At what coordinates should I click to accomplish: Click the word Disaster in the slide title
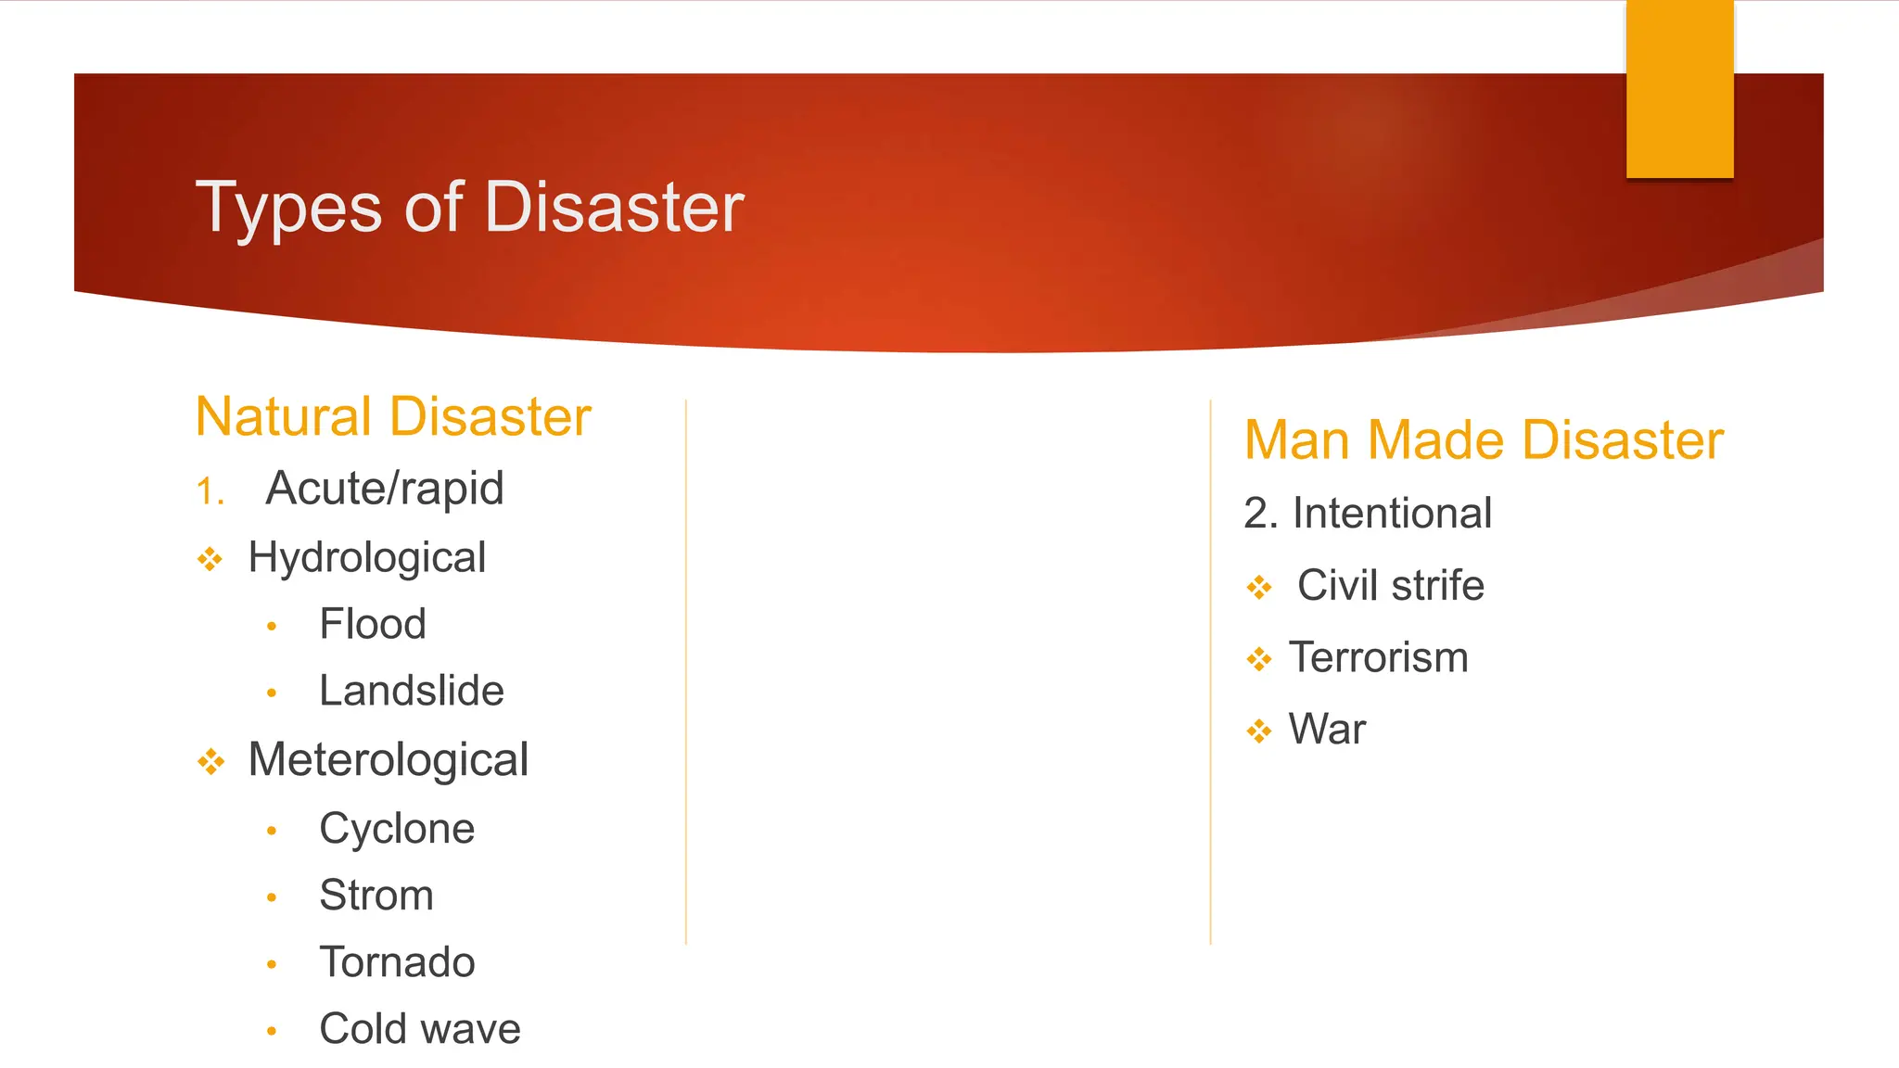pyautogui.click(x=614, y=207)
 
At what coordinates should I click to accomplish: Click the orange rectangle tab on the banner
pyautogui.click(x=1679, y=89)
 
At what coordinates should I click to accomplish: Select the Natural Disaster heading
pyautogui.click(x=393, y=416)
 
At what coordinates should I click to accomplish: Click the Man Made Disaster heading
pyautogui.click(x=1484, y=439)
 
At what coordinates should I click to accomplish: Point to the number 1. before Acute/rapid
pyautogui.click(x=210, y=490)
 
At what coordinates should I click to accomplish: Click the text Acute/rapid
pyautogui.click(x=384, y=489)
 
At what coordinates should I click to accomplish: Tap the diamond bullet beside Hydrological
pyautogui.click(x=210, y=559)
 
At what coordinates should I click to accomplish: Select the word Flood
pyautogui.click(x=373, y=624)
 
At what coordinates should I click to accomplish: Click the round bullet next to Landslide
pyautogui.click(x=272, y=693)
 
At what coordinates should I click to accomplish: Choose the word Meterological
pyautogui.click(x=389, y=759)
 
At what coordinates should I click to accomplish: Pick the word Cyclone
pyautogui.click(x=397, y=828)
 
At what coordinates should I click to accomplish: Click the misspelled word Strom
pyautogui.click(x=376, y=895)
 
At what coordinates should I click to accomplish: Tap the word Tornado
pyautogui.click(x=397, y=961)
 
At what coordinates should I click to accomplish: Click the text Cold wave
pyautogui.click(x=420, y=1028)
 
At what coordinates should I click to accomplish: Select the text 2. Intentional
pyautogui.click(x=1368, y=513)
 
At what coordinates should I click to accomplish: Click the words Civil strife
pyautogui.click(x=1390, y=585)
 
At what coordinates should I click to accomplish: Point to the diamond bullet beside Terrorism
pyautogui.click(x=1259, y=659)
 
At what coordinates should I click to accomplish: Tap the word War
pyautogui.click(x=1327, y=730)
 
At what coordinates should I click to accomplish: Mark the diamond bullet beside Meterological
pyautogui.click(x=210, y=762)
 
